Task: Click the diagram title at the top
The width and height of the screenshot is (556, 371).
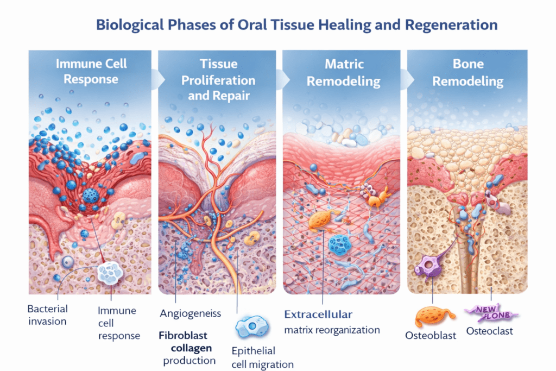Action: (297, 25)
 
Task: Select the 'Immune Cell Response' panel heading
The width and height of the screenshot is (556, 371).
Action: (91, 71)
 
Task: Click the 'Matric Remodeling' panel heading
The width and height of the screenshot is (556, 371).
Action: (343, 73)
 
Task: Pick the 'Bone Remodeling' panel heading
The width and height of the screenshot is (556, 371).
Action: (467, 73)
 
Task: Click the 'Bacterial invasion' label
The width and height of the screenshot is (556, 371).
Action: (48, 315)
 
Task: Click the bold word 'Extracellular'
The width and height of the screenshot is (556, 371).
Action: (319, 314)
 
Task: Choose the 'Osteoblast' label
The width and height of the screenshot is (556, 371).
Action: (431, 335)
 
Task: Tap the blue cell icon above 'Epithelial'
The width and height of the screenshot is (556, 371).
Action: (251, 328)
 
